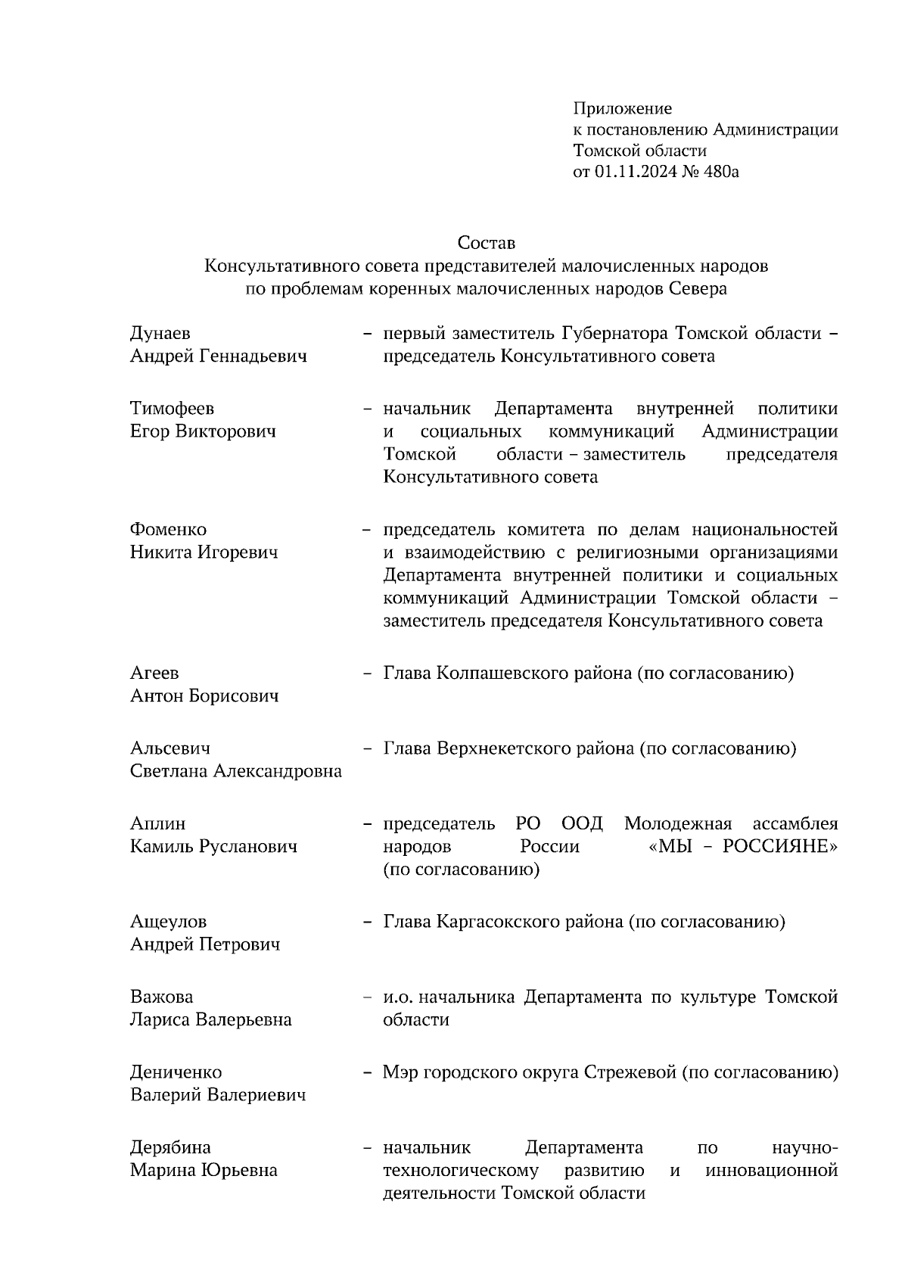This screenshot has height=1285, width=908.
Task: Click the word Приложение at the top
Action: pyautogui.click(x=622, y=109)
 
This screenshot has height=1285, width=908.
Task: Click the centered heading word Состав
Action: pyautogui.click(x=486, y=243)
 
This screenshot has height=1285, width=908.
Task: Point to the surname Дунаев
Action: pyautogui.click(x=160, y=334)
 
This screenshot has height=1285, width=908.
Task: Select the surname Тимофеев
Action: pyautogui.click(x=172, y=409)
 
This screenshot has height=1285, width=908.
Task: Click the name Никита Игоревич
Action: pyautogui.click(x=204, y=552)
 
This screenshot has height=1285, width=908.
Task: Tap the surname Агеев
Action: pyautogui.click(x=154, y=673)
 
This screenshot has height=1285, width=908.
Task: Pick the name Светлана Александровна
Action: pyautogui.click(x=235, y=771)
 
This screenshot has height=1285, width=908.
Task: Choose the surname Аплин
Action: pyautogui.click(x=157, y=823)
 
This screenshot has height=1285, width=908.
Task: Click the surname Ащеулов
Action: pyautogui.click(x=168, y=922)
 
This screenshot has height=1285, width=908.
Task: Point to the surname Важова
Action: pyautogui.click(x=161, y=997)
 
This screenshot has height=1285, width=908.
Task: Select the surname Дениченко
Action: pyautogui.click(x=176, y=1072)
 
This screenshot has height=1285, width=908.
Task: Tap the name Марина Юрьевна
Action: pyautogui.click(x=204, y=1171)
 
